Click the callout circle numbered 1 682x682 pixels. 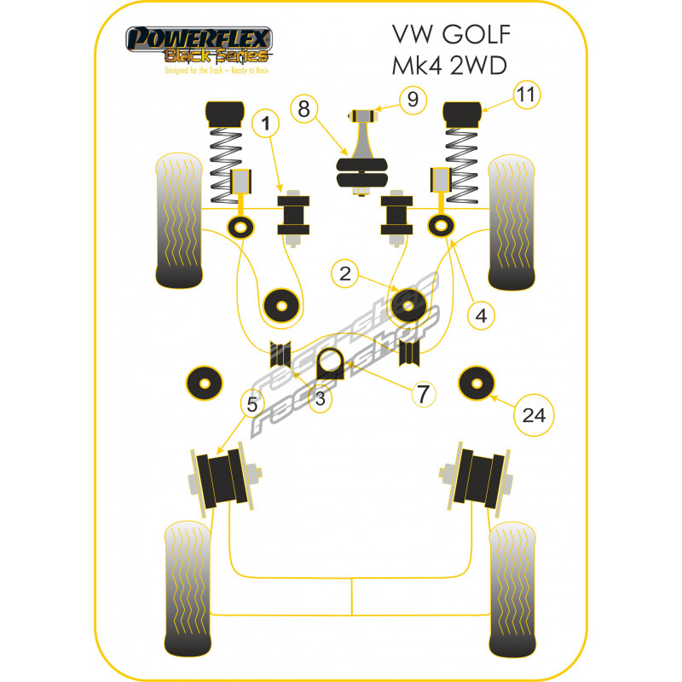pos(266,125)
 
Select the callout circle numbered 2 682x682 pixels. pos(344,274)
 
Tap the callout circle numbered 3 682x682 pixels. pos(321,399)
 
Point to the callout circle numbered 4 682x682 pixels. pos(481,315)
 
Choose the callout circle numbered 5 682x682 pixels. pos(251,405)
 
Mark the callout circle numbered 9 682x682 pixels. pos(413,100)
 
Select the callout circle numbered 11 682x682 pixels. pos(528,95)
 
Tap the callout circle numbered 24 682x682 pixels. pos(533,415)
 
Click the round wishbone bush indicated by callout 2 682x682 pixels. pos(407,306)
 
